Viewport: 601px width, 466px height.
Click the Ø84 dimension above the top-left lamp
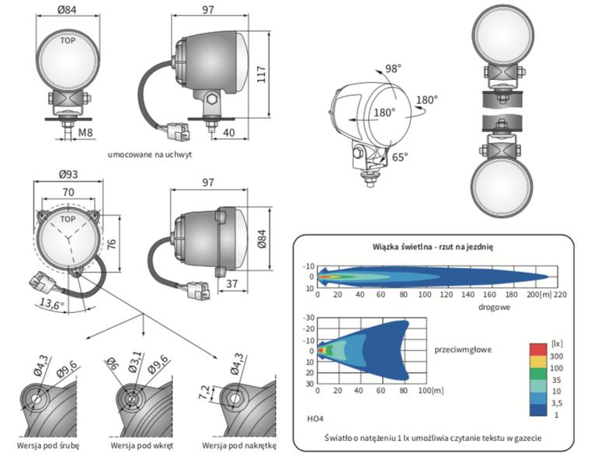click(68, 9)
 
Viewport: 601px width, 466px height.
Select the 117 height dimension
click(263, 75)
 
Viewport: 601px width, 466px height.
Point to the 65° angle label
click(399, 157)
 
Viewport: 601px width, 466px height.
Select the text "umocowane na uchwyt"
click(150, 155)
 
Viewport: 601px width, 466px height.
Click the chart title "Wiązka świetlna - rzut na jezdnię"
click(433, 246)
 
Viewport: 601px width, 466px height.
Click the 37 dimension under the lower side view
click(232, 284)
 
